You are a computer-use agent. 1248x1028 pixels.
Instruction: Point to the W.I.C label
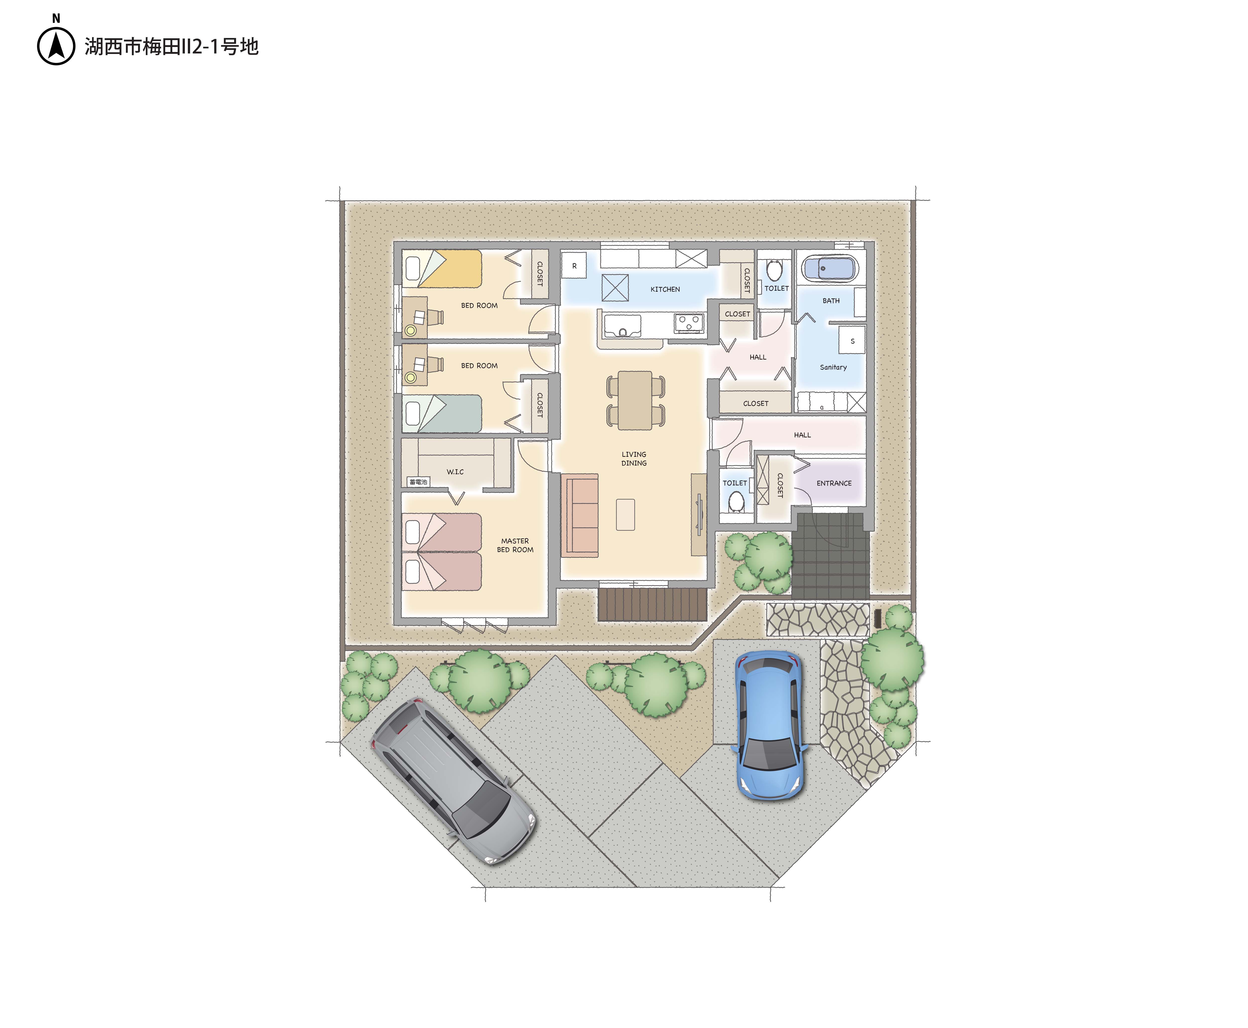[x=455, y=472]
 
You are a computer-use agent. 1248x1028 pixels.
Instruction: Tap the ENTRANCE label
[x=834, y=483]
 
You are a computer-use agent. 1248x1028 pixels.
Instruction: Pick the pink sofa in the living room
[x=579, y=515]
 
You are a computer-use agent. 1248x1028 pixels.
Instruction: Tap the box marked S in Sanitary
[x=852, y=341]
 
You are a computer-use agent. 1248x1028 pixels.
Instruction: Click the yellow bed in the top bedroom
[x=442, y=269]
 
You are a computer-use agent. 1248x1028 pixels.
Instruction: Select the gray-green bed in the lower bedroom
[x=442, y=414]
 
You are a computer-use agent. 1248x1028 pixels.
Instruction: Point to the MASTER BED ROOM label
[x=515, y=545]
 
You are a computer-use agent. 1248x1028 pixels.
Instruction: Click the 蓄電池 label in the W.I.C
[x=418, y=482]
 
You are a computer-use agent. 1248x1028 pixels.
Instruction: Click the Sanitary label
[x=833, y=367]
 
